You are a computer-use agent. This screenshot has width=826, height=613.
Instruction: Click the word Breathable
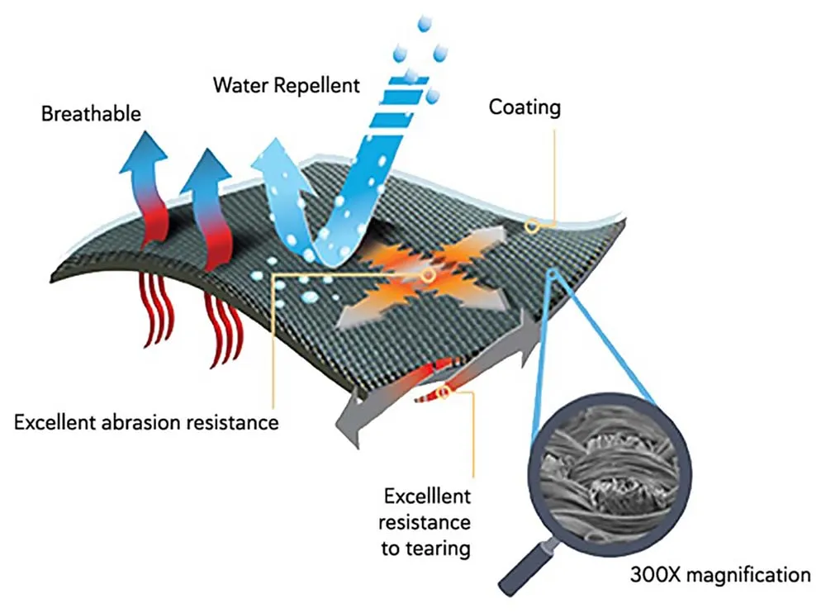[91, 113]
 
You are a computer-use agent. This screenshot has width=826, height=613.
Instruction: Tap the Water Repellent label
[286, 85]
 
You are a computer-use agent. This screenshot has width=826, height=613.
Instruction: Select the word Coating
[525, 107]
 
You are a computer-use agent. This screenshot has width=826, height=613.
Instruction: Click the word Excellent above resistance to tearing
[428, 497]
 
